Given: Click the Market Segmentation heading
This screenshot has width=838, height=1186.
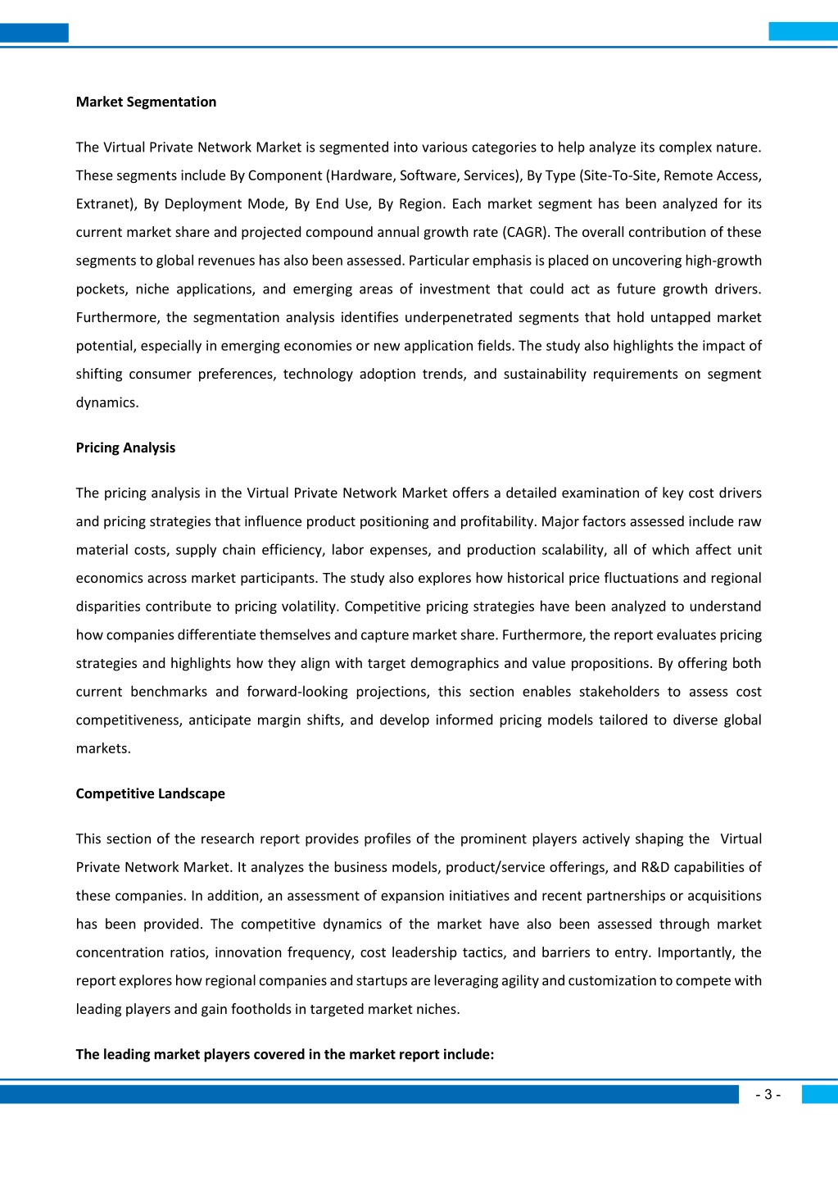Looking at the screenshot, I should [x=146, y=102].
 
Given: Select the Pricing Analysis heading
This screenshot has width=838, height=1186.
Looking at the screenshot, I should [x=125, y=448].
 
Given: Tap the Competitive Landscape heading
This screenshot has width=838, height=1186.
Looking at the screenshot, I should [x=150, y=793].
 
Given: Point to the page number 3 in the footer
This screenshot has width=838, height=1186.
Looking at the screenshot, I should [x=768, y=1095].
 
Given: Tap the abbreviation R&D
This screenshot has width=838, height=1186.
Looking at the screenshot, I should [x=655, y=867].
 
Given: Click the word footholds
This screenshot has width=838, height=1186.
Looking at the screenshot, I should [x=264, y=1009].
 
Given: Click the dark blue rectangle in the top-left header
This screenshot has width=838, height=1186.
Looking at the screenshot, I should [x=34, y=33].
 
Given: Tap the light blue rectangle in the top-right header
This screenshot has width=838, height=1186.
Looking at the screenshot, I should [x=803, y=32].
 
